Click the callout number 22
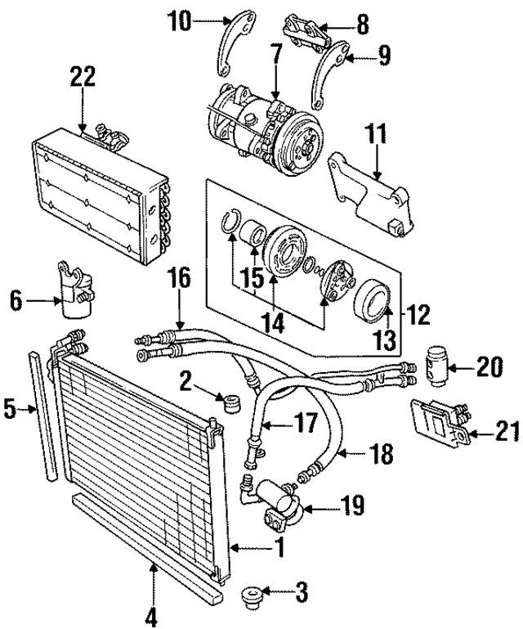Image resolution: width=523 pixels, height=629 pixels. (x=83, y=77)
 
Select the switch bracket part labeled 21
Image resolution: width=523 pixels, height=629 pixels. (x=440, y=424)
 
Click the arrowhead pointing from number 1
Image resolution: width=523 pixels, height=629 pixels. (x=234, y=547)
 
